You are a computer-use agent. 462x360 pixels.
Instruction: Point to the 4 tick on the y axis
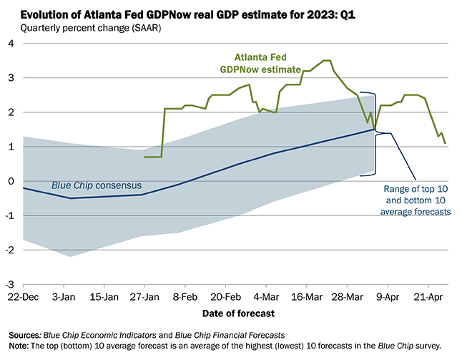tap(11, 43)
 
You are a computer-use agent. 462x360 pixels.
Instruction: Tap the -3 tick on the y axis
tap(9, 284)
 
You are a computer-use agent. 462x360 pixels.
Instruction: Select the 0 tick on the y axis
tap(11, 181)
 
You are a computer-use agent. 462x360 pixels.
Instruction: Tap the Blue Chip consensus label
tap(94, 185)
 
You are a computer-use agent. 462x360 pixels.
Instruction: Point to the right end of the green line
tap(446, 143)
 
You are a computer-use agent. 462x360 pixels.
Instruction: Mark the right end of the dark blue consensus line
tap(374, 130)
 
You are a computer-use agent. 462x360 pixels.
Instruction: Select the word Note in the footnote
tap(19, 347)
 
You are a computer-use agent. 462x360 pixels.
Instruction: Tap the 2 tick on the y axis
tap(11, 112)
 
